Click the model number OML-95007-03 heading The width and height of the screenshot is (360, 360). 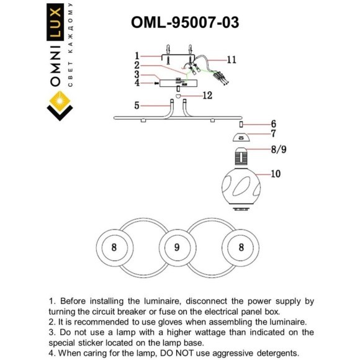pos(185,22)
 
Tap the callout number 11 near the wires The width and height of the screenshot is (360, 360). pos(232,60)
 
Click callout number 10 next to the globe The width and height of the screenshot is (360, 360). pos(275,175)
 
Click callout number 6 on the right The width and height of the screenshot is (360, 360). pos(272,124)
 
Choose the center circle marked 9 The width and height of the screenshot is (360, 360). pos(177,247)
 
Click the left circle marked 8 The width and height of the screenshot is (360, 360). pos(114,247)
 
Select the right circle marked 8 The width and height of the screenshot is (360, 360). pos(241,247)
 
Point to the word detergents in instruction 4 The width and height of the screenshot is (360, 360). pos(273,353)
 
